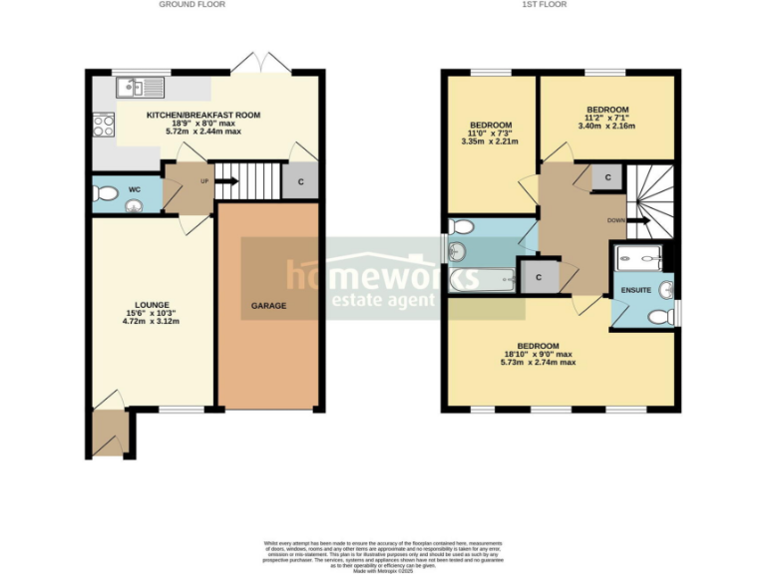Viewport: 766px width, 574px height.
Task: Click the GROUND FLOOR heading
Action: pyautogui.click(x=191, y=5)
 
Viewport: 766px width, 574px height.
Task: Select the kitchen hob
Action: pyautogui.click(x=103, y=126)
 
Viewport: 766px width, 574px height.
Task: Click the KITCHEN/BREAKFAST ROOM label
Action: pyautogui.click(x=203, y=116)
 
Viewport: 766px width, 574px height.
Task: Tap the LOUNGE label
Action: pyautogui.click(x=152, y=305)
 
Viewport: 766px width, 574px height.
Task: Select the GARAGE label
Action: pyautogui.click(x=268, y=306)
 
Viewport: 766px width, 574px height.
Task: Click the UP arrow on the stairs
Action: pyautogui.click(x=227, y=181)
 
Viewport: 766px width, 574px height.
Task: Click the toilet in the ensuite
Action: pyautogui.click(x=658, y=317)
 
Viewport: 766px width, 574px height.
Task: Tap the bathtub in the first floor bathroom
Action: pyautogui.click(x=484, y=280)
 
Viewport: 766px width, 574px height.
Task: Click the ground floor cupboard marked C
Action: pyautogui.click(x=300, y=180)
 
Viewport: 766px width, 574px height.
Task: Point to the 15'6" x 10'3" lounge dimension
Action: pyautogui.click(x=152, y=315)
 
